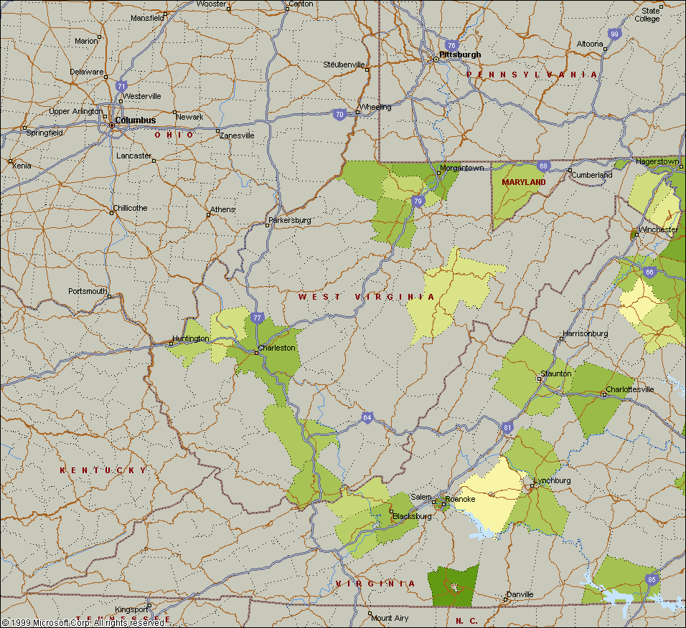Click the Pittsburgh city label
click(460, 54)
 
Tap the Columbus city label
click(135, 120)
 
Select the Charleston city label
click(277, 348)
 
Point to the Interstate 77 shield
click(258, 318)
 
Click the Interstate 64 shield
click(367, 418)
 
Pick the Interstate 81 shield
click(508, 427)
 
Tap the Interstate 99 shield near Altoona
click(614, 34)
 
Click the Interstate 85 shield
click(651, 579)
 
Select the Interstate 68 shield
click(544, 166)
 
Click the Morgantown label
click(461, 168)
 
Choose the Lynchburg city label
click(552, 480)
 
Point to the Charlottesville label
click(630, 389)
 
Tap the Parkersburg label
click(290, 220)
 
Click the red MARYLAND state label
click(524, 182)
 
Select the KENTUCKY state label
click(103, 470)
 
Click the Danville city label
click(520, 594)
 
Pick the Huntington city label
click(191, 338)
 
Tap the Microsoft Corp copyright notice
click(83, 622)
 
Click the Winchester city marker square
click(635, 234)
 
